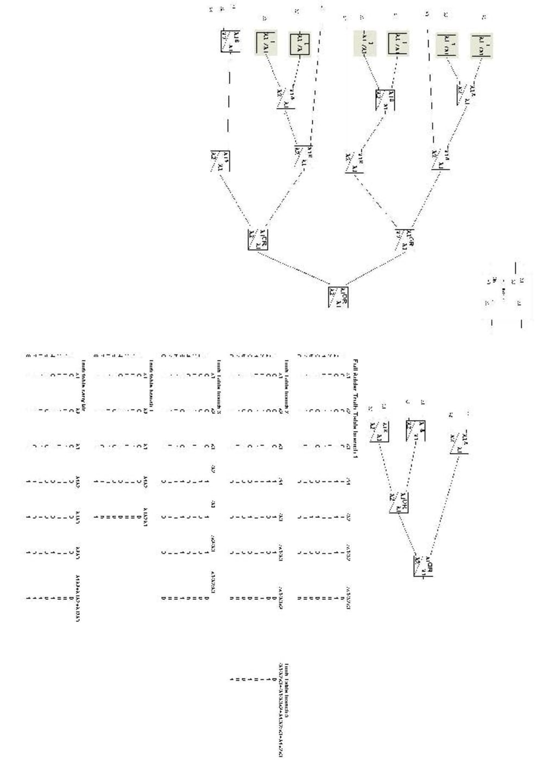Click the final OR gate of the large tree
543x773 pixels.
[338, 296]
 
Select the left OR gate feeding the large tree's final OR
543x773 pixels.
[258, 239]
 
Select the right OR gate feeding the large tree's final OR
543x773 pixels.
[406, 239]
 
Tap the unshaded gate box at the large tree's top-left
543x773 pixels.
[230, 42]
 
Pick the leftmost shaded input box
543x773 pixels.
[266, 43]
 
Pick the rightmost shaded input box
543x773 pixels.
[481, 45]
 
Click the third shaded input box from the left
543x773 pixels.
[365, 43]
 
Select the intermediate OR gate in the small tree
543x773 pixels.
[399, 502]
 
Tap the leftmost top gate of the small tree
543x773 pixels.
[379, 431]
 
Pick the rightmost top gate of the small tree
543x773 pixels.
[459, 442]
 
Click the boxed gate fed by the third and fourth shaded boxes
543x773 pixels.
[385, 100]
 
